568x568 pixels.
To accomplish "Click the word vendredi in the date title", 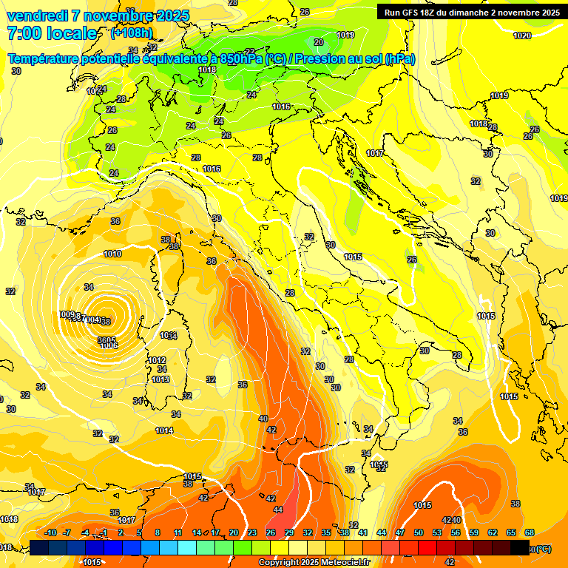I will tap(37, 16).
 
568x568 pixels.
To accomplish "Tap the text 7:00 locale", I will tap(52, 33).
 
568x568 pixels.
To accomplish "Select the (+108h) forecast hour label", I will tap(132, 33).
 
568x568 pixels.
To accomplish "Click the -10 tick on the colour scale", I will tap(50, 532).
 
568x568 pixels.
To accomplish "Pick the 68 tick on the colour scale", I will tap(530, 532).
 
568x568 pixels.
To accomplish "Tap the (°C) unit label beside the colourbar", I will tap(541, 548).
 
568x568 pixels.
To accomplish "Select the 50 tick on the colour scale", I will tap(419, 532).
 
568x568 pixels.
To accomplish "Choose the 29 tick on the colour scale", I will tap(289, 532).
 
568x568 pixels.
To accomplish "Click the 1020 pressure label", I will tap(522, 35).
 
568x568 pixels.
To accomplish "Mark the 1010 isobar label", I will tap(112, 254).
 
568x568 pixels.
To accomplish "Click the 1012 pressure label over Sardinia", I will tap(157, 360).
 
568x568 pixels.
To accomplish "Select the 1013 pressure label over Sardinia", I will tap(160, 379).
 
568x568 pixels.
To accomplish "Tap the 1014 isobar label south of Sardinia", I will tap(164, 430).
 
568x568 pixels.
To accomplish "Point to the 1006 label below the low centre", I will tap(109, 345).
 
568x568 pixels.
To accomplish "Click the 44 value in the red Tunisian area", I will tap(278, 510).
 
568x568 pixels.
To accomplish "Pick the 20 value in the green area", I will tap(318, 43).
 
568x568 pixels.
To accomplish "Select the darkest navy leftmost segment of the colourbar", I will tap(39, 548).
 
